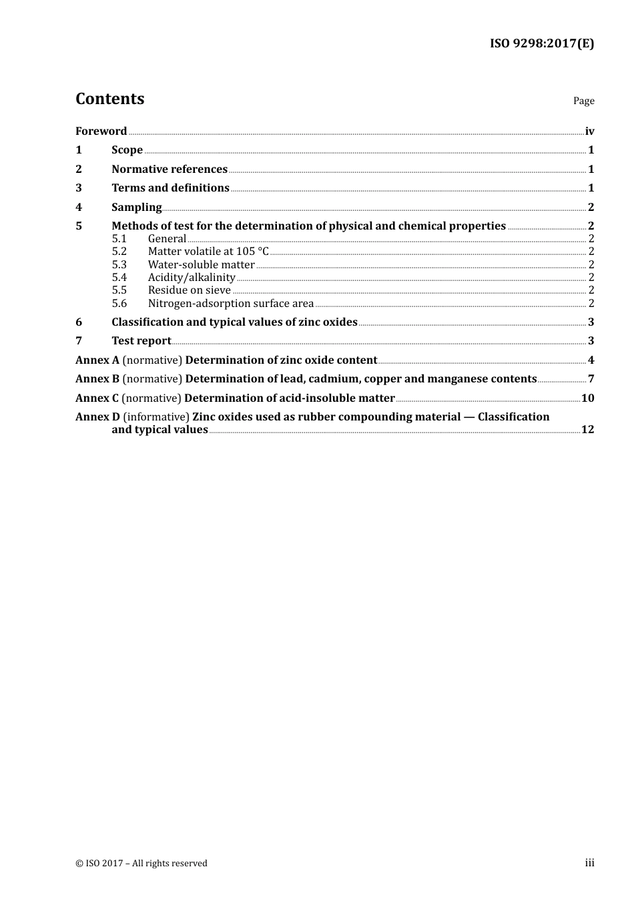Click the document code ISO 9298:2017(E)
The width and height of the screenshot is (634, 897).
[542, 43]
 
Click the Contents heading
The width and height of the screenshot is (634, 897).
[110, 99]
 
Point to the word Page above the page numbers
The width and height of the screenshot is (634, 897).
[583, 101]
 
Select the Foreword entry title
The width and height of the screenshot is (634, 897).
[101, 131]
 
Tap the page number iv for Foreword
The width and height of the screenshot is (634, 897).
[589, 131]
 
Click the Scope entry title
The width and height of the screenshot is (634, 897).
[127, 149]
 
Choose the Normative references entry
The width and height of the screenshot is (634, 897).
[170, 169]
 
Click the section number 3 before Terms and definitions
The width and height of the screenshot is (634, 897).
[79, 188]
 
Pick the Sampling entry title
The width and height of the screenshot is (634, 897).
[136, 207]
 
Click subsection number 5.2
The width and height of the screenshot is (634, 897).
[119, 251]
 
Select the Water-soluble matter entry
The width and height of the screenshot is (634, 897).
[201, 264]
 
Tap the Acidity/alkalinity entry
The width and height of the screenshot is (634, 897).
[191, 277]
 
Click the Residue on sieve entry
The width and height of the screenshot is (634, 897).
[189, 290]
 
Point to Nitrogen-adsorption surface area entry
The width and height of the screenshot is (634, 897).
[230, 303]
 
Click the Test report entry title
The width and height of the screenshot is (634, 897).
[141, 340]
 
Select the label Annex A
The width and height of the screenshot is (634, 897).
[97, 360]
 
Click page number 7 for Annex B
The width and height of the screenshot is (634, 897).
[591, 378]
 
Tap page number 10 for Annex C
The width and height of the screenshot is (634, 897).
[587, 398]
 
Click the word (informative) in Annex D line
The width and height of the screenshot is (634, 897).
[156, 416]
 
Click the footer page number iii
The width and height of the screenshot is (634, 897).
[589, 863]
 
